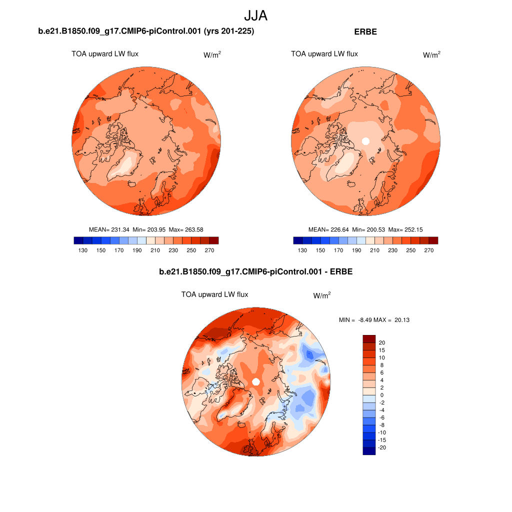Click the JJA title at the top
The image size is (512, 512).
point(256,15)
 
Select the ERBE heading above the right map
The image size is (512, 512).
point(365,31)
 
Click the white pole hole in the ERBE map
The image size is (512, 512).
point(365,141)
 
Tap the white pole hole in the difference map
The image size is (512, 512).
point(256,382)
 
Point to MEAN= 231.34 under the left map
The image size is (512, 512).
point(109,229)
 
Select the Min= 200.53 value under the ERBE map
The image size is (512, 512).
point(367,229)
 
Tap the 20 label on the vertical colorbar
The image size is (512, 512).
point(382,343)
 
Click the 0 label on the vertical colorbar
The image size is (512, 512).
point(382,395)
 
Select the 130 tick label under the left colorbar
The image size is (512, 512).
point(83,250)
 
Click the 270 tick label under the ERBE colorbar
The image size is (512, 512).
point(428,250)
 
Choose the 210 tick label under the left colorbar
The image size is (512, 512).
point(155,250)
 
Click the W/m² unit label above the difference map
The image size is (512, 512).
point(322,295)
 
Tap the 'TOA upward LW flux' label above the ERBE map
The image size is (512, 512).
point(324,54)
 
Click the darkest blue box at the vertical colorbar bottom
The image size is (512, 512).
point(368,451)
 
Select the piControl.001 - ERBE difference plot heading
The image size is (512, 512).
point(255,272)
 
